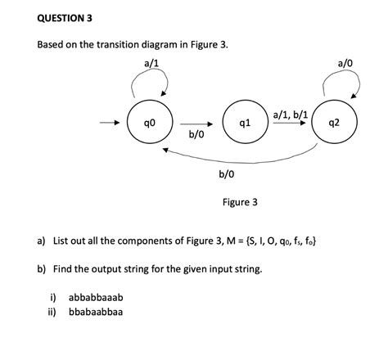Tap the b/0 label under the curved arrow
click(227, 173)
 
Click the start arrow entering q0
click(110, 124)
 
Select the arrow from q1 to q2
click(291, 125)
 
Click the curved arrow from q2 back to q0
click(246, 158)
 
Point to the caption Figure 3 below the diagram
click(239, 201)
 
